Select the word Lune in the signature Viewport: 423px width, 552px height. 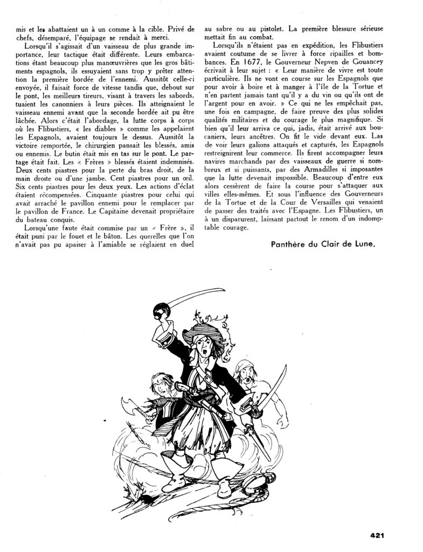(x=362, y=244)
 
